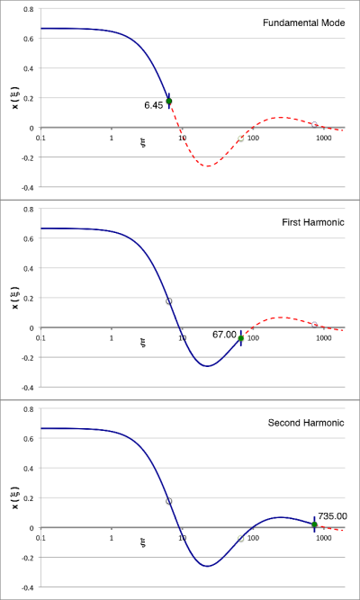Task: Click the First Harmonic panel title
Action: (311, 223)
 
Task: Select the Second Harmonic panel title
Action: (306, 423)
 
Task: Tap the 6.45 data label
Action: (154, 105)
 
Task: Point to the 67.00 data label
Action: (225, 334)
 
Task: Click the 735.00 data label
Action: (332, 515)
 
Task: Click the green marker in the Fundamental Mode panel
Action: (168, 101)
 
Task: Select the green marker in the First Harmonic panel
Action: (241, 338)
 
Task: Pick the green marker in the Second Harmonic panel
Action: (314, 524)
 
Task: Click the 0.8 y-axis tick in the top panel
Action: (30, 9)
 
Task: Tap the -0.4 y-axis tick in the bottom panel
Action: (29, 587)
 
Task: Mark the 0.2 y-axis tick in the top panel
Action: (30, 98)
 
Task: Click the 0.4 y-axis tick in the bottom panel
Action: (30, 468)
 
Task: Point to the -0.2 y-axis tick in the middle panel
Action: (29, 358)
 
